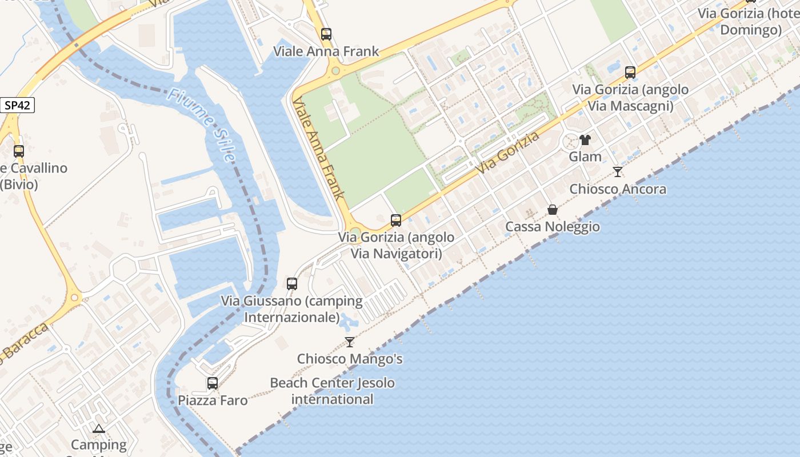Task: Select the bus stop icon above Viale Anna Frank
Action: coord(326,34)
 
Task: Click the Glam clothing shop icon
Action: coord(585,139)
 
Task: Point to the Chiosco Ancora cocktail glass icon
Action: coord(618,171)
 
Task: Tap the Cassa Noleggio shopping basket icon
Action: coord(553,210)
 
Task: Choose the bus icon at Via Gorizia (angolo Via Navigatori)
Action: coord(396,220)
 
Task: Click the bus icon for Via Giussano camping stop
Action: coord(292,283)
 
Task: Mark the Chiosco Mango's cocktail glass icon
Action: coord(350,342)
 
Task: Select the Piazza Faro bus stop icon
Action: coord(213,383)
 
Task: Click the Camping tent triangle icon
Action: coord(99,428)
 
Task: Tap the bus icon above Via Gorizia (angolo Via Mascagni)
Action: coord(630,73)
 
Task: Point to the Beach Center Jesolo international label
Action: coord(333,391)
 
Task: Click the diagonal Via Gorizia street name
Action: coord(508,153)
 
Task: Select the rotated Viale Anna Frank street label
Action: coord(318,147)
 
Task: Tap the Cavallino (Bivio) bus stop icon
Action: coord(19,151)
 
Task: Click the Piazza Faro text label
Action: coord(213,400)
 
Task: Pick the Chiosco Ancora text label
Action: coord(618,189)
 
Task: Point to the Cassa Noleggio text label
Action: coord(553,227)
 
